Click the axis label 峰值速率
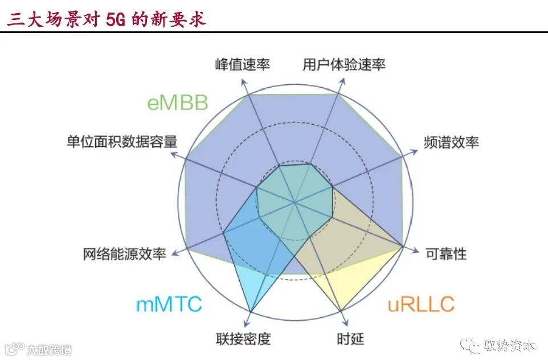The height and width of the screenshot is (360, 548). tap(243, 64)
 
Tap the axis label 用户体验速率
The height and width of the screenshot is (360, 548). tap(344, 64)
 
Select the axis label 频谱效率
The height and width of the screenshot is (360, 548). tap(451, 142)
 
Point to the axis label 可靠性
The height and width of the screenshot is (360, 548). tap(446, 254)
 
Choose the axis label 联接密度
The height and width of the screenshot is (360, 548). tap(243, 339)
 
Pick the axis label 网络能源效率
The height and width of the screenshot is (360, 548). tap(124, 254)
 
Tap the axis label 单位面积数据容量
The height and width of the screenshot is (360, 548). tap(122, 141)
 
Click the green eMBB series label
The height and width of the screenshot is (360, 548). tap(177, 103)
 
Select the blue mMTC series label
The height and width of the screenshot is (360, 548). tap(169, 304)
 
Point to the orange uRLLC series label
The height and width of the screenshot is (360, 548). tap(421, 304)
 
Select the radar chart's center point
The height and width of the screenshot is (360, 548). tap(295, 202)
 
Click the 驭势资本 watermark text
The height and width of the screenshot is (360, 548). tap(509, 346)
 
